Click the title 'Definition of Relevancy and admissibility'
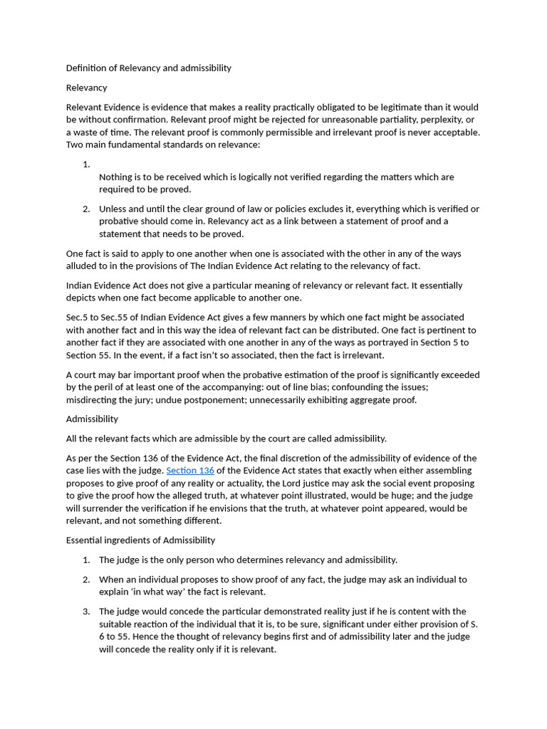tap(148, 68)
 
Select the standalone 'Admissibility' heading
tap(92, 419)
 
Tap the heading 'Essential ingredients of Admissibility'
tap(140, 540)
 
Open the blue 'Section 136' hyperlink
tap(190, 471)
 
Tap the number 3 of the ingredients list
tap(86, 611)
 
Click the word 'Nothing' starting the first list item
tap(115, 177)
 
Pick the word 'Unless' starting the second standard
tap(113, 209)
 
